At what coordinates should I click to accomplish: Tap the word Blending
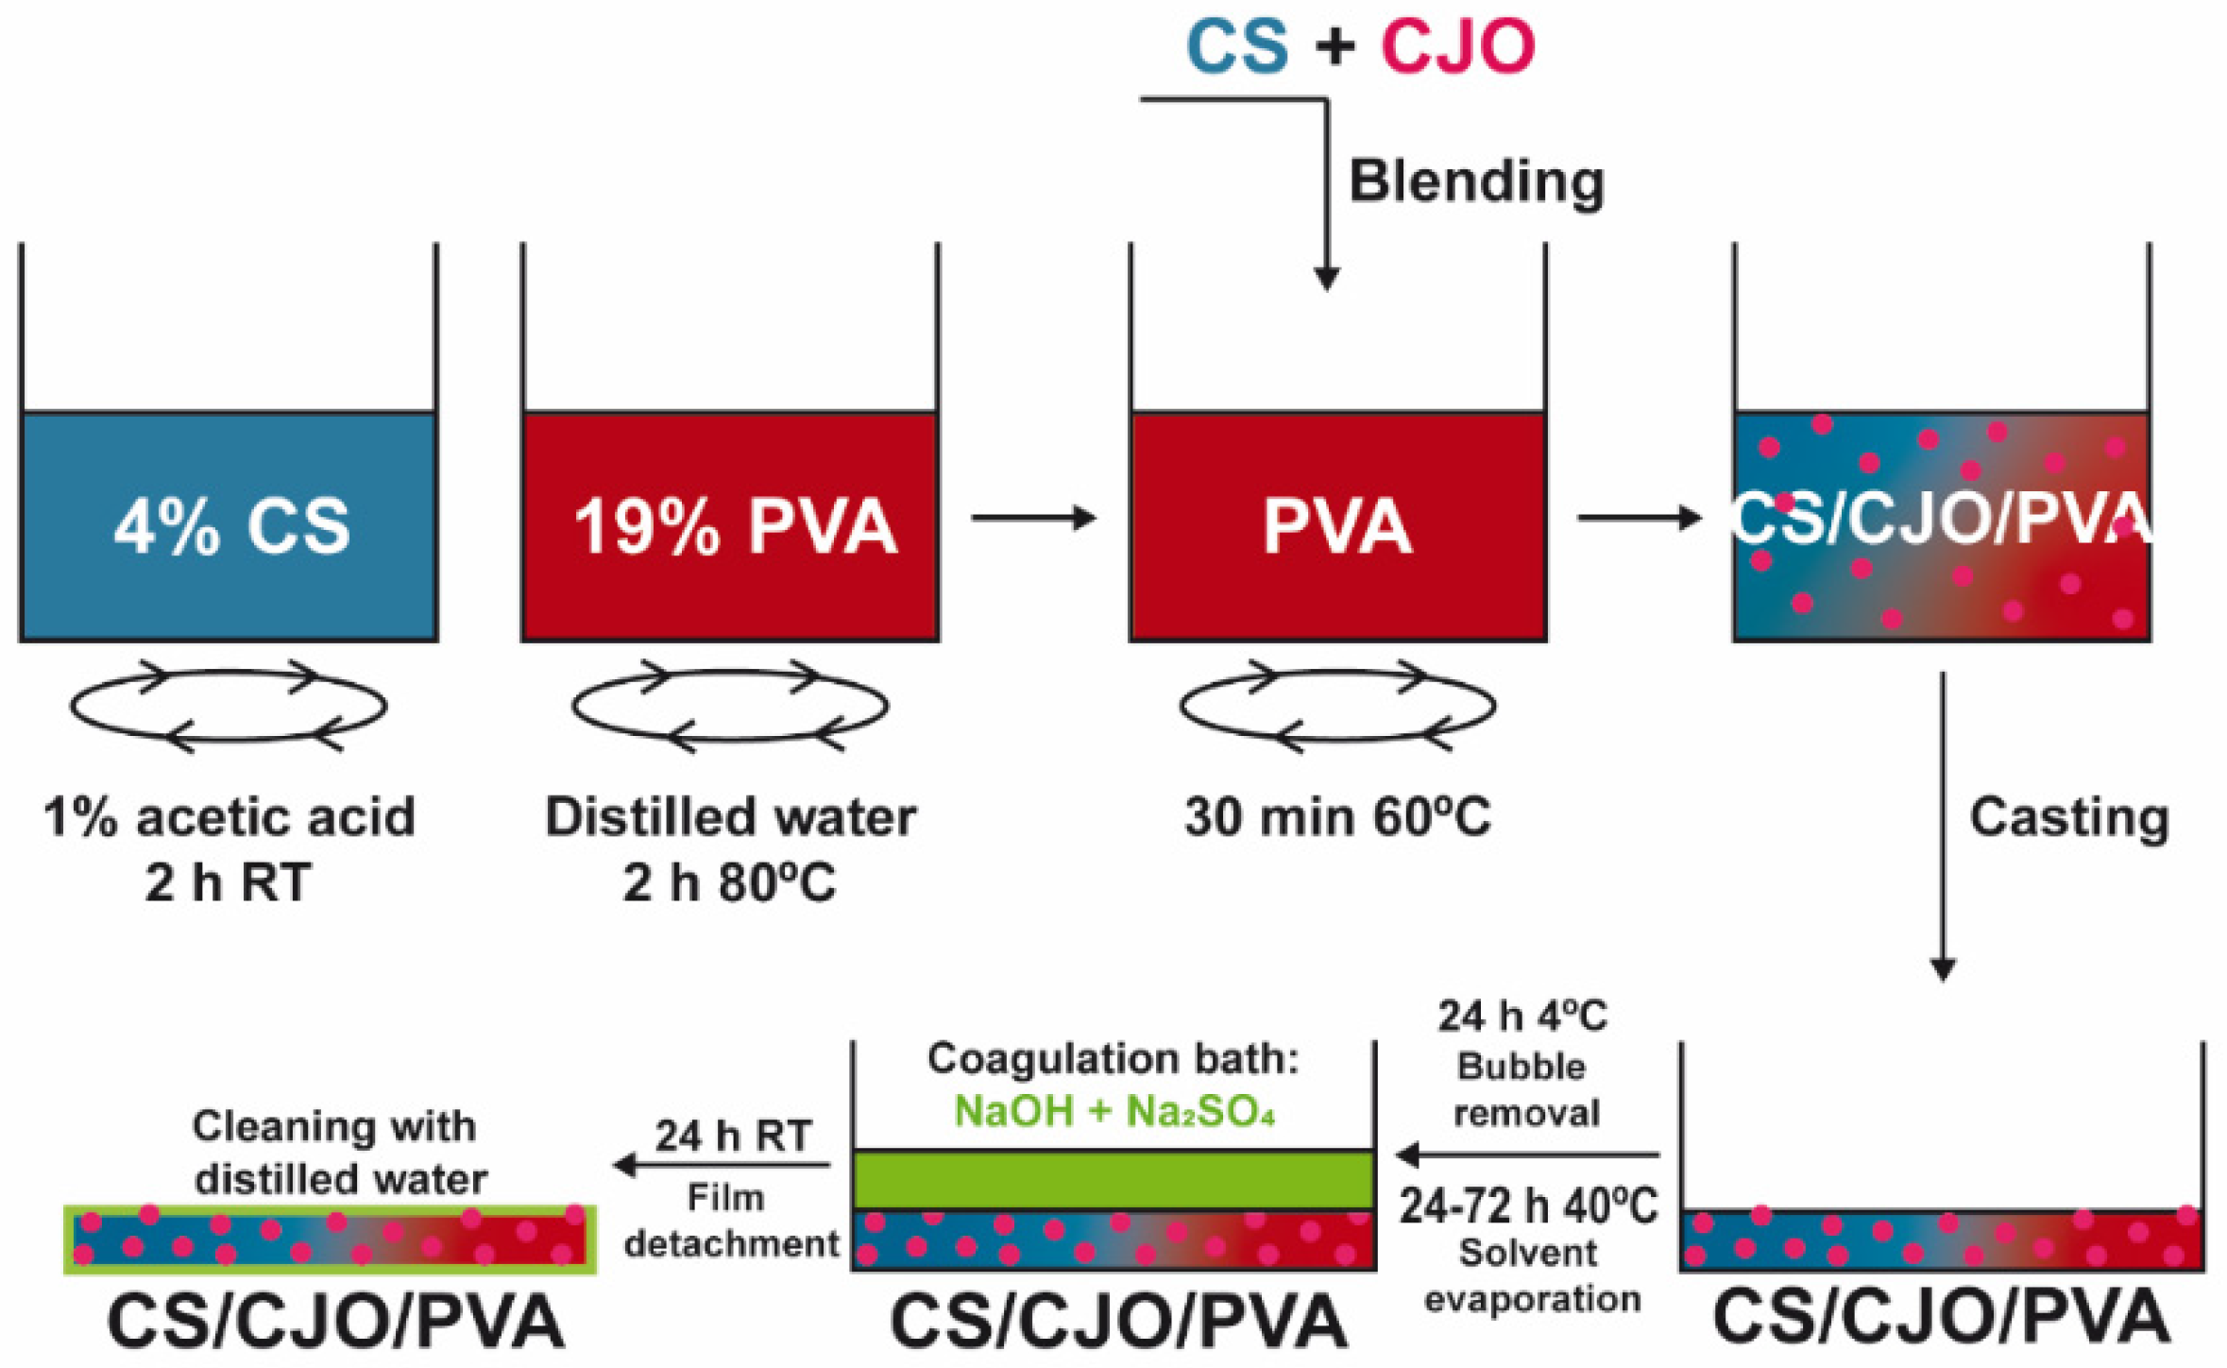[x=1476, y=180]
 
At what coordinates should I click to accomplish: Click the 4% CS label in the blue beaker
[x=231, y=525]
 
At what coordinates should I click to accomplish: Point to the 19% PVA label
[x=735, y=525]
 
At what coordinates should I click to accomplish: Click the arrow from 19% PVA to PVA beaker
[x=1033, y=518]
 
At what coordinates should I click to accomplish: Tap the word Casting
[x=2068, y=817]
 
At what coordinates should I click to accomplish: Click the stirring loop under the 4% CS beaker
[x=229, y=706]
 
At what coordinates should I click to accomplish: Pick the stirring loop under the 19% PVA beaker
[x=730, y=706]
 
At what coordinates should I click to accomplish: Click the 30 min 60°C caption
[x=1337, y=817]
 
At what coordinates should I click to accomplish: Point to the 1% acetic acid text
[x=229, y=817]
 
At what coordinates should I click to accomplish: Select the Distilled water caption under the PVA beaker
[x=730, y=817]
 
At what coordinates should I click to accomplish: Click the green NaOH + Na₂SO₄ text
[x=1114, y=1111]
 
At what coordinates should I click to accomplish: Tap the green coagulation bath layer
[x=1113, y=1179]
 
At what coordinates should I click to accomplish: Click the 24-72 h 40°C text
[x=1528, y=1206]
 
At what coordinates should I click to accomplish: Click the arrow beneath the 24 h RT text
[x=722, y=1165]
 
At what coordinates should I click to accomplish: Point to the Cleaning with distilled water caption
[x=338, y=1153]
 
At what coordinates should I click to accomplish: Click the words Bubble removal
[x=1525, y=1089]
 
